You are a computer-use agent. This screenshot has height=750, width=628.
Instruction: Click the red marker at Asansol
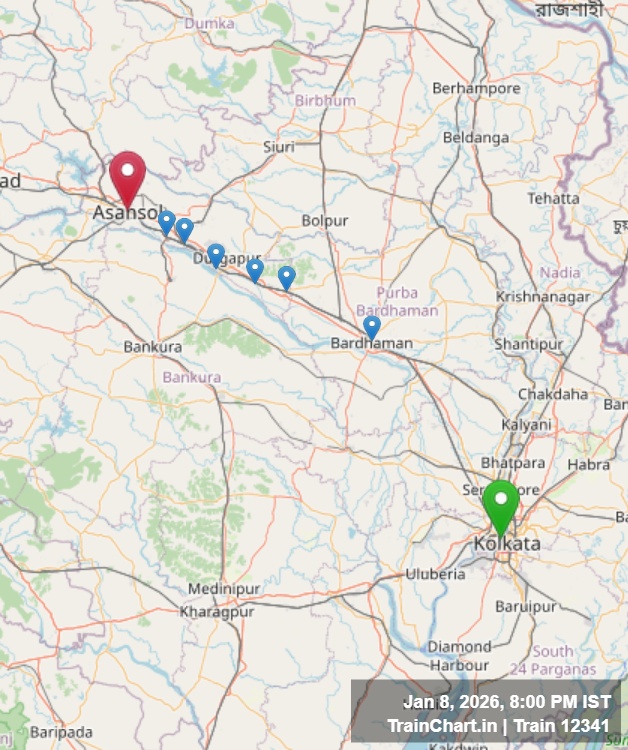click(x=128, y=174)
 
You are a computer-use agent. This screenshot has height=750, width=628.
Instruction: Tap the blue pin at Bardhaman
click(x=372, y=326)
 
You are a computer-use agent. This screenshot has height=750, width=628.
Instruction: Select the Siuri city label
click(x=279, y=147)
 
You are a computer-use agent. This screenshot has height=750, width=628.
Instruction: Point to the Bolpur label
click(x=325, y=220)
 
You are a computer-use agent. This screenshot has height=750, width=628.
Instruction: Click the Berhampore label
click(x=476, y=89)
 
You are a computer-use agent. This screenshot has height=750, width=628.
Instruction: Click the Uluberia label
click(x=435, y=574)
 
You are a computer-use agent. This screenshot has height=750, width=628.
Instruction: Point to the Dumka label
click(x=210, y=22)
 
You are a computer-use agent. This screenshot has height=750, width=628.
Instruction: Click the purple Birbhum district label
click(x=325, y=101)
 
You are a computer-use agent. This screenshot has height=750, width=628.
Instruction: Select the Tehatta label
click(x=553, y=198)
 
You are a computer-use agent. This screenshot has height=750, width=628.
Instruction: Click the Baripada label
click(x=61, y=732)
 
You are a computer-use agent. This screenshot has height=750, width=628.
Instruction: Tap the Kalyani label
click(x=526, y=424)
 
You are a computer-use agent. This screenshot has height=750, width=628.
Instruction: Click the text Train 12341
click(x=566, y=725)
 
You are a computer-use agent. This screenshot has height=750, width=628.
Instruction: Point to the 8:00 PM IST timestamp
click(x=548, y=702)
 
